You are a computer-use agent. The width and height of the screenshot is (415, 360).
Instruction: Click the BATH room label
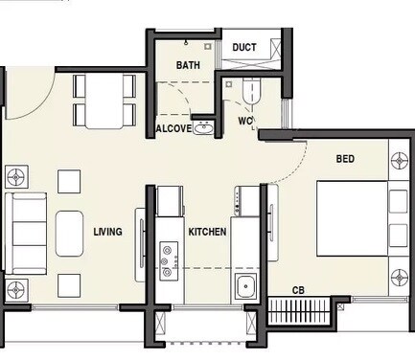[188, 65]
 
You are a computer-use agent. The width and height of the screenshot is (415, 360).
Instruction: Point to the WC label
[245, 122]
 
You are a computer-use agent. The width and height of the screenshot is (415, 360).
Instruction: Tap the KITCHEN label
[206, 232]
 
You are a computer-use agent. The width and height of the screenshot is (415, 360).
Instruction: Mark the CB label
[300, 290]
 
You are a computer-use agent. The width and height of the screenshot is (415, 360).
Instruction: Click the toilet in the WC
[251, 91]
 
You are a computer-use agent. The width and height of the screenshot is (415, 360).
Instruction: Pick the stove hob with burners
[170, 257]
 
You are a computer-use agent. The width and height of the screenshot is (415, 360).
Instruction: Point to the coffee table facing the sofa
[70, 233]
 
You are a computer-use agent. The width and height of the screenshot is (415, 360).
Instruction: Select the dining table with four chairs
[104, 101]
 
